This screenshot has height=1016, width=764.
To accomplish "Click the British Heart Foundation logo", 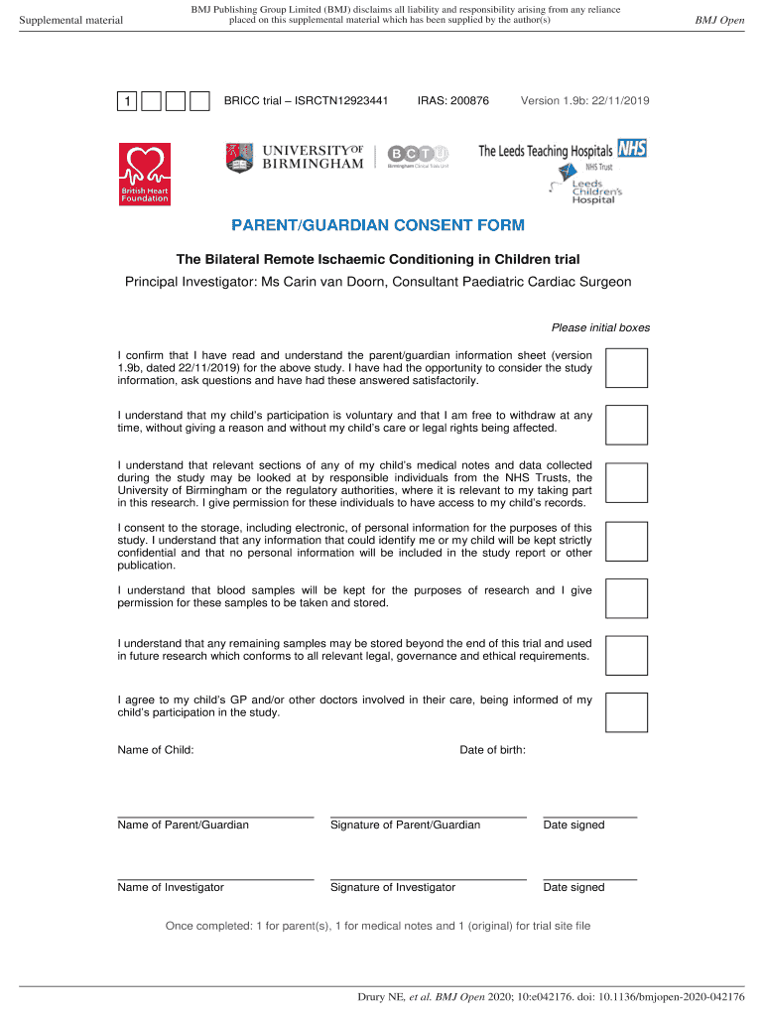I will [x=145, y=175].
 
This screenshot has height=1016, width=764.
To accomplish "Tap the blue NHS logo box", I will [x=632, y=148].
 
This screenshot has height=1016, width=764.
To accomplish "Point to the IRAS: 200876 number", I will [x=453, y=101].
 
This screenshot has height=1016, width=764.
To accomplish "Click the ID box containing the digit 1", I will [x=128, y=102].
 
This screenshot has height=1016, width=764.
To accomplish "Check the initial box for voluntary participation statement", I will [x=627, y=424].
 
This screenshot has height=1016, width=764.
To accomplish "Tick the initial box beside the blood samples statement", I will [x=627, y=597].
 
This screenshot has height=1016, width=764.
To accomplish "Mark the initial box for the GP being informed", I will [x=627, y=712].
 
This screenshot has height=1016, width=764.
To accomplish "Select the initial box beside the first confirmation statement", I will [x=627, y=367].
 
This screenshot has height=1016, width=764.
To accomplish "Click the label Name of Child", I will [x=156, y=750].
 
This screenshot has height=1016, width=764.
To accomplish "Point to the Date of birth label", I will [x=493, y=750].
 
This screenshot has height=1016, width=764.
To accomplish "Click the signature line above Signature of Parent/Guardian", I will [x=428, y=816].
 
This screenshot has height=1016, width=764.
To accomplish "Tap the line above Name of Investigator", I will [x=215, y=878].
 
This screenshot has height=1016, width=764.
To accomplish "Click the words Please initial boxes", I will [x=600, y=328].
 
